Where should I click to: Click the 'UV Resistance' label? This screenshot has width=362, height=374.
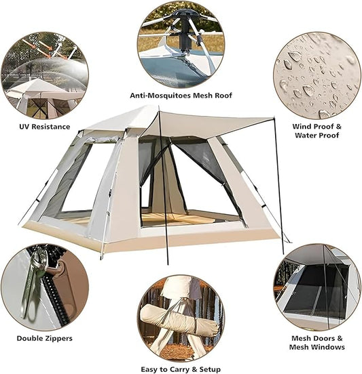point(43,126)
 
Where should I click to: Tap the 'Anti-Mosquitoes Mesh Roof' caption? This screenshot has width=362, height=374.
point(180,96)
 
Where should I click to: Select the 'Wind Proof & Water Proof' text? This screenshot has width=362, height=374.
point(316,130)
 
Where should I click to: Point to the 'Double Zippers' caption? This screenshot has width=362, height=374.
point(46,337)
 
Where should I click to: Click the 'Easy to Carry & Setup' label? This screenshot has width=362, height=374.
point(180,369)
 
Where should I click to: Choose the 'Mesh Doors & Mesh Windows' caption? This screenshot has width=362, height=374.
point(317,342)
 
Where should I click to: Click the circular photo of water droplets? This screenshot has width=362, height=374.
point(316,75)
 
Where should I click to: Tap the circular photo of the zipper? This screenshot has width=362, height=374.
point(44,287)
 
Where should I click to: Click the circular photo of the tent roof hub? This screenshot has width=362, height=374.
point(180,44)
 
